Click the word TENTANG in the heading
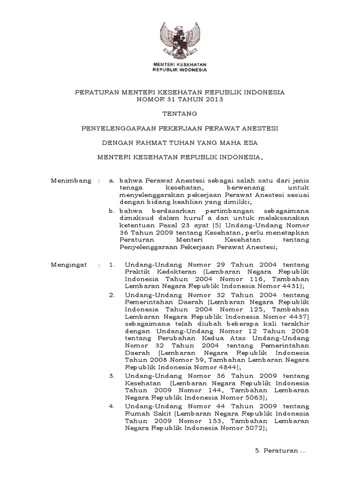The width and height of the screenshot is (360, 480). coord(180,113)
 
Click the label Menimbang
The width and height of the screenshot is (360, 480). coord(70,180)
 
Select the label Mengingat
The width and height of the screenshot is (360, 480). coord(69,265)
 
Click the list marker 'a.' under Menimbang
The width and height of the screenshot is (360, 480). coord(112,180)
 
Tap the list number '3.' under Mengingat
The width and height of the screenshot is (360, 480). coord(112,376)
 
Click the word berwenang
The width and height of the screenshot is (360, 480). coord(233,187)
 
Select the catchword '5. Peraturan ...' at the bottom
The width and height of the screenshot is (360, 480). coord(280,451)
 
